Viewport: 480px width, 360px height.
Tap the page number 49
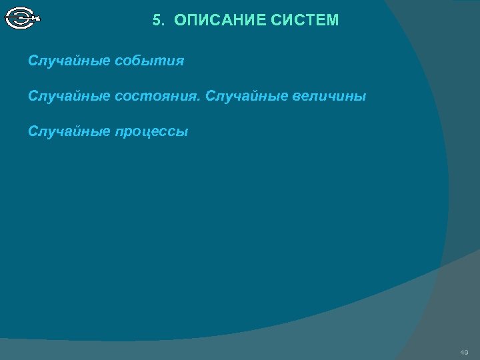click(x=464, y=351)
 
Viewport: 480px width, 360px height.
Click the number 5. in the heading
click(x=158, y=21)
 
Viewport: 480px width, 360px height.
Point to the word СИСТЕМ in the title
click(x=305, y=21)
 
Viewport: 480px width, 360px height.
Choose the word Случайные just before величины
click(x=246, y=97)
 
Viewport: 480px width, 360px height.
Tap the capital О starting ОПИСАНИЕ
click(x=179, y=21)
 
